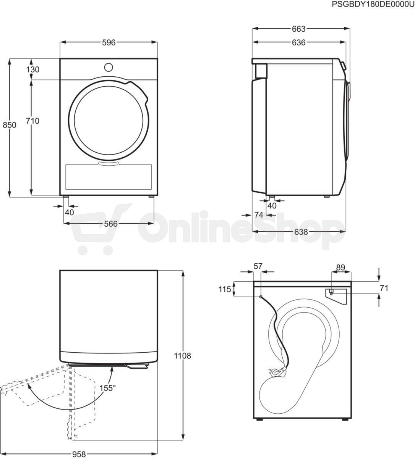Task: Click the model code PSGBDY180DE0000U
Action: click(373, 5)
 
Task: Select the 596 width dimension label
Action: click(109, 42)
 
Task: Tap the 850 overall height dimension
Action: click(10, 125)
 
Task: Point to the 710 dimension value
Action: click(32, 121)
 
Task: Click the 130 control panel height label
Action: click(33, 69)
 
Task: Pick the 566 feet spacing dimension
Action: click(111, 224)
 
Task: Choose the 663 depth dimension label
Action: click(298, 29)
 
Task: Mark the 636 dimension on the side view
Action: click(298, 42)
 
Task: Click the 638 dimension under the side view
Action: click(301, 232)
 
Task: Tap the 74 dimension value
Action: click(259, 215)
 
